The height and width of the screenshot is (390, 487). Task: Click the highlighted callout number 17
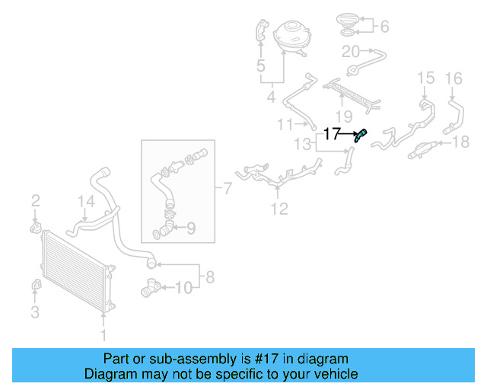332,134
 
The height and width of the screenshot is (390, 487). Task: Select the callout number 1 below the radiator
104,334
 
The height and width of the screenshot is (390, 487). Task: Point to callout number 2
35,201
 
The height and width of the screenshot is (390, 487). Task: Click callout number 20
350,52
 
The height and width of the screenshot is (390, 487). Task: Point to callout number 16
454,78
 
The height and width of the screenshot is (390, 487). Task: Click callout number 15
425,78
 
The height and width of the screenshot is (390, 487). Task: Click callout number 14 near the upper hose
87,202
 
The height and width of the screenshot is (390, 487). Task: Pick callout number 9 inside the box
190,227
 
